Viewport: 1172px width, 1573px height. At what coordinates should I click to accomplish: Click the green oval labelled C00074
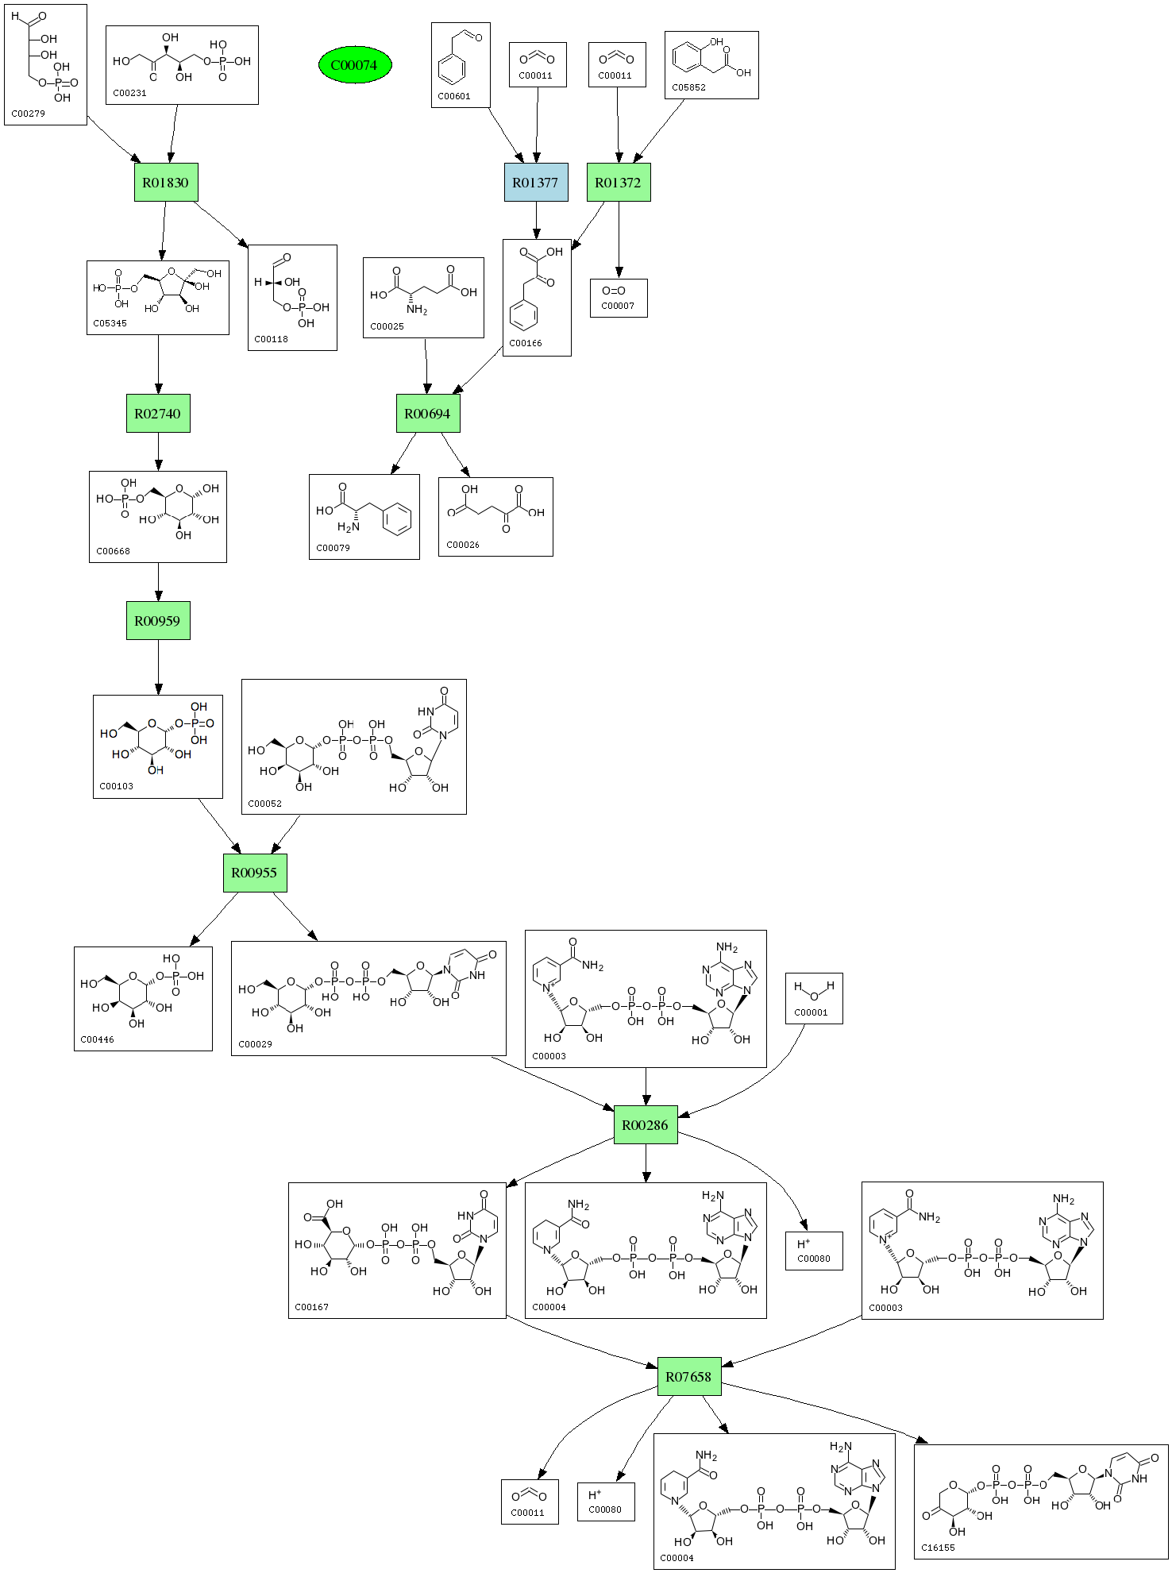tap(355, 65)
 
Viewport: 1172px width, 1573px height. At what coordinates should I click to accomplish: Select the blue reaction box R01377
tap(536, 183)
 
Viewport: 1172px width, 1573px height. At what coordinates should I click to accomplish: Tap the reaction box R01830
tap(166, 183)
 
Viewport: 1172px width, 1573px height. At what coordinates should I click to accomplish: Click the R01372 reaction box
tap(619, 183)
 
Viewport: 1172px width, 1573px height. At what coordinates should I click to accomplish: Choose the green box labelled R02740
tap(158, 414)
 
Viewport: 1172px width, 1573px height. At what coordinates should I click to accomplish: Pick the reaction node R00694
tap(428, 414)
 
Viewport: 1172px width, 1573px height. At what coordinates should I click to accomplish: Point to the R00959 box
tap(158, 621)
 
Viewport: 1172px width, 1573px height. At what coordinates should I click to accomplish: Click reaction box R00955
tap(254, 873)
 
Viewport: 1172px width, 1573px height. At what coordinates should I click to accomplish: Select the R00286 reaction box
tap(646, 1125)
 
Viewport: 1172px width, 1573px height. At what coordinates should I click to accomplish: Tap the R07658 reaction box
tap(689, 1377)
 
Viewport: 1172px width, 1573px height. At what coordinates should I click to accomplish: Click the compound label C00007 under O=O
tap(618, 306)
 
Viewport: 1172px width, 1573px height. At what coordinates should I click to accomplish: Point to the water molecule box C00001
tap(814, 998)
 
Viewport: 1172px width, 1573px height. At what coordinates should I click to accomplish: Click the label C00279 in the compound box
tap(29, 114)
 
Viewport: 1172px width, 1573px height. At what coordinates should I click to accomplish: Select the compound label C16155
tap(938, 1548)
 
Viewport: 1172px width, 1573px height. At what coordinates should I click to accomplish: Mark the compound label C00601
tap(454, 96)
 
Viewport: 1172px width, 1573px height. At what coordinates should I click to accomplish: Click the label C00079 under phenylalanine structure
tap(333, 548)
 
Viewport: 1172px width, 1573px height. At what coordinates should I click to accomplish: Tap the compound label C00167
tap(312, 1307)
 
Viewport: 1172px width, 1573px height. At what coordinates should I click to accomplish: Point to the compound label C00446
tap(98, 1039)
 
